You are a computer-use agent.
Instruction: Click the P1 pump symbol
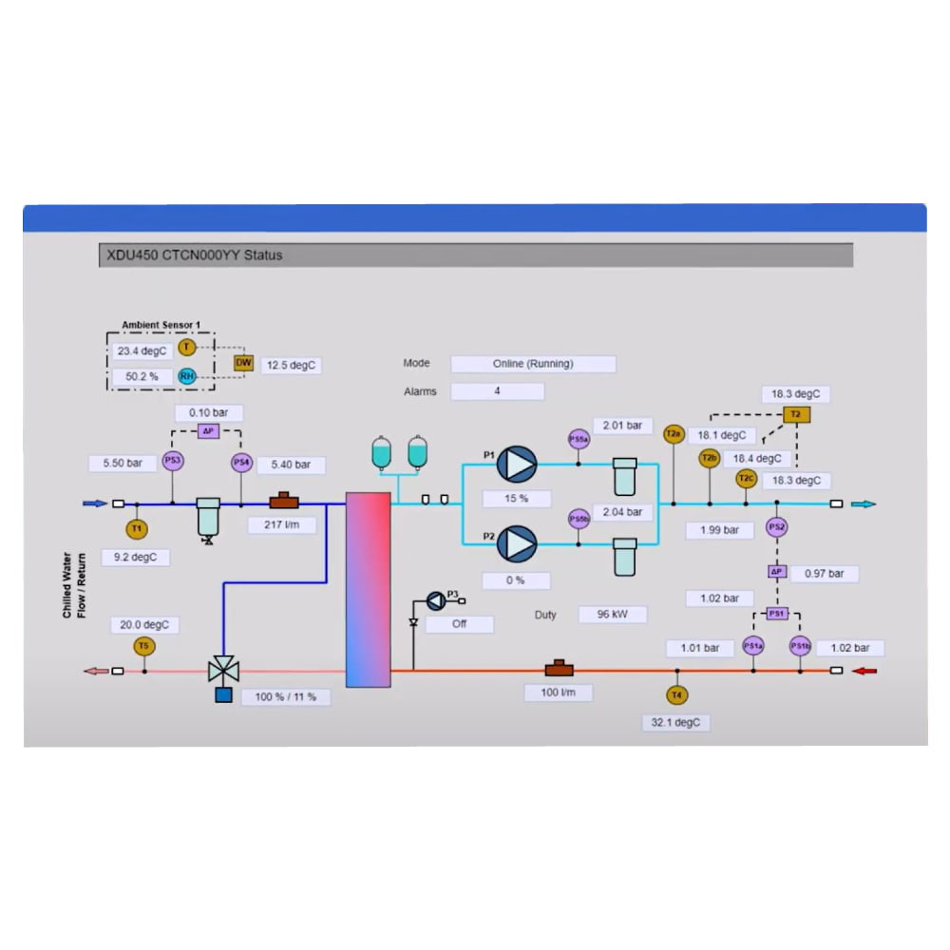coord(518,465)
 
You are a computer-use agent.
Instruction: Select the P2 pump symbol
coord(518,544)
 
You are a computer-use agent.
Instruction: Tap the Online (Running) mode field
coord(533,364)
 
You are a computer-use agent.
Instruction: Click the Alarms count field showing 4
coord(497,391)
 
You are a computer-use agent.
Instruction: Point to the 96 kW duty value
coord(613,615)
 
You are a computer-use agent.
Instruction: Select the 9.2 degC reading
coord(135,557)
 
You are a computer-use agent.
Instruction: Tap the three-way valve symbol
coord(223,670)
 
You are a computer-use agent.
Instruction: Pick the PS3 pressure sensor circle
coord(172,462)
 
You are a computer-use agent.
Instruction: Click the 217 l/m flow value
coord(282,524)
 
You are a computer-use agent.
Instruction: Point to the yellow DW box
coord(243,363)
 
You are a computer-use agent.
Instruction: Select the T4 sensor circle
coord(676,695)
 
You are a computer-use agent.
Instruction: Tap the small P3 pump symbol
coord(435,599)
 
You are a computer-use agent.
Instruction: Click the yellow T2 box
coord(795,414)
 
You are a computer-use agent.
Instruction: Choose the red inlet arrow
coord(865,671)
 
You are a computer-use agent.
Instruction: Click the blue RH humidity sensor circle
coord(187,376)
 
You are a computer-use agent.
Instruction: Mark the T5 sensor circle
coord(143,646)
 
